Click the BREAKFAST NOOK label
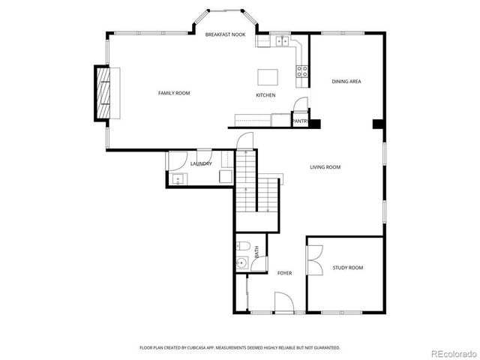pyautogui.click(x=226, y=34)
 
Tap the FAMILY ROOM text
pyautogui.click(x=173, y=93)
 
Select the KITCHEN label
pyautogui.click(x=265, y=95)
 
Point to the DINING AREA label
pyautogui.click(x=346, y=81)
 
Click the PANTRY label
pyautogui.click(x=300, y=121)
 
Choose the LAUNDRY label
pyautogui.click(x=201, y=163)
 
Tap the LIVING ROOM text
pyautogui.click(x=325, y=167)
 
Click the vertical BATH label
pyautogui.click(x=256, y=253)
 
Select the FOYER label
pyautogui.click(x=284, y=273)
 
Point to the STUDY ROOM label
pyautogui.click(x=348, y=268)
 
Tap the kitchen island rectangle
pyautogui.click(x=267, y=76)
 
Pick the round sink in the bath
pyautogui.click(x=241, y=262)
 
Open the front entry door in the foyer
pyautogui.click(x=283, y=304)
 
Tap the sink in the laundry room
pyautogui.click(x=178, y=178)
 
